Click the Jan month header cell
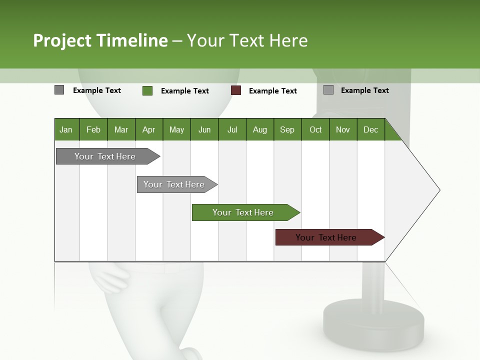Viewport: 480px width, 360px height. (66, 129)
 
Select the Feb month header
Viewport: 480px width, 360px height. (93, 129)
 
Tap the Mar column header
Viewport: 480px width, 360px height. (121, 129)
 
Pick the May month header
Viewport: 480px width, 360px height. (176, 129)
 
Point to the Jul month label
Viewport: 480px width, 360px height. (232, 129)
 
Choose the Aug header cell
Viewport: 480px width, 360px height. (259, 129)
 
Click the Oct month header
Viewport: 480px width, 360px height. (315, 129)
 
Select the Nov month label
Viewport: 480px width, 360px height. (343, 129)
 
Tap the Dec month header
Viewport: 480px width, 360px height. (370, 129)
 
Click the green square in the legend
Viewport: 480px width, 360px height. (147, 90)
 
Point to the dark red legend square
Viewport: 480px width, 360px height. (236, 90)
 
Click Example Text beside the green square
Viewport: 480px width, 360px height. (185, 91)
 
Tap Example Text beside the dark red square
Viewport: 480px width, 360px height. (273, 91)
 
